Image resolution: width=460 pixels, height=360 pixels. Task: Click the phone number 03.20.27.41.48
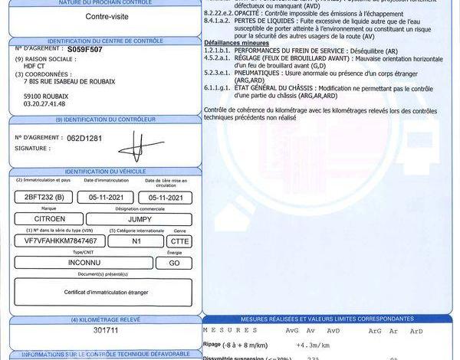tap(44, 103)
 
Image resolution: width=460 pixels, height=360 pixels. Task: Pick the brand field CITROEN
tap(49, 219)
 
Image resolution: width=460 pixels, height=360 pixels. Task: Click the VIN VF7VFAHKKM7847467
tap(56, 241)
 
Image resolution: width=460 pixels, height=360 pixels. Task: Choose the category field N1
tap(136, 241)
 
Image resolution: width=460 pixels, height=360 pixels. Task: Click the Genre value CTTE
tap(179, 241)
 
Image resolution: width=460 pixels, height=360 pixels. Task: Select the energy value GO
tap(174, 263)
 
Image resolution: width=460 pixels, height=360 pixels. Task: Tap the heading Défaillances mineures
tap(235, 44)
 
